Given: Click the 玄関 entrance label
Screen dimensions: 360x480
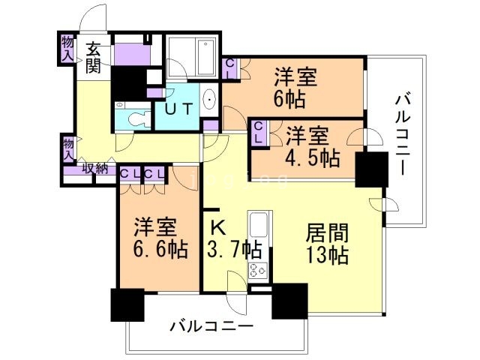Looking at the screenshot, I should tap(93, 57).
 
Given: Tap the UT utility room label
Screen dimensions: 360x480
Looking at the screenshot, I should tap(180, 108).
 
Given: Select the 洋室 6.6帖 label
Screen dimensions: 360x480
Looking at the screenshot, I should tap(156, 237).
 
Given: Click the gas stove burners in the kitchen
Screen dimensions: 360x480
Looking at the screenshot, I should tap(258, 271).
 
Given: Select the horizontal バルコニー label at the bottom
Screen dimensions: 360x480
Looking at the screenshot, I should tap(211, 327).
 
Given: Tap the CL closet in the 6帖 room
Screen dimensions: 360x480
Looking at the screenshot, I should tap(230, 68).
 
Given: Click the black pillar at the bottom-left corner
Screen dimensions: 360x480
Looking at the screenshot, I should tap(125, 305).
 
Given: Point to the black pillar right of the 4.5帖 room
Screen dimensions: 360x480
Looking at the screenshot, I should tap(371, 169).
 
